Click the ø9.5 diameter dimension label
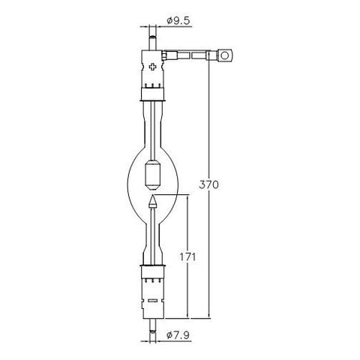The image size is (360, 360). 178,21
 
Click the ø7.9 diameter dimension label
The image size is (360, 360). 178,335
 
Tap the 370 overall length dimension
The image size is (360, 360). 208,184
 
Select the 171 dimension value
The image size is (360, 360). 187,257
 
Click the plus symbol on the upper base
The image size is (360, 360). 152,67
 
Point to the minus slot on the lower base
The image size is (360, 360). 152,301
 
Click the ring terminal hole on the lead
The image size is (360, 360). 225,55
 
